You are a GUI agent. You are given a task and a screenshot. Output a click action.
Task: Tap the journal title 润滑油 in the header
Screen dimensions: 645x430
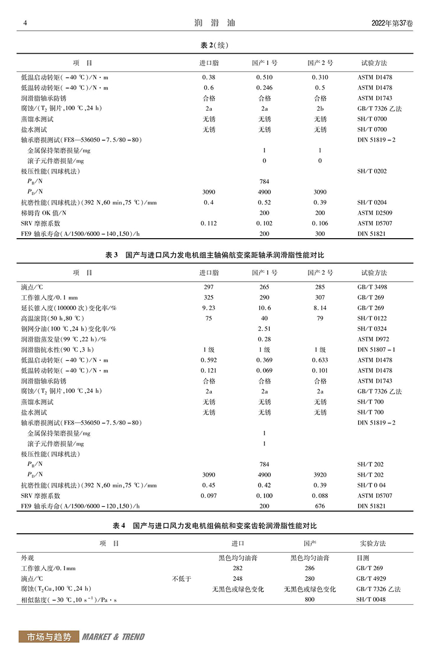(x=214, y=23)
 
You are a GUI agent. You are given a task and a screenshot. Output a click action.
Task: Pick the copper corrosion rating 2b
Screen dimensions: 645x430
(x=320, y=109)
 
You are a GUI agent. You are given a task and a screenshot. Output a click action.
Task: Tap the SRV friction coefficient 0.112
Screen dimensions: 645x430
(x=209, y=223)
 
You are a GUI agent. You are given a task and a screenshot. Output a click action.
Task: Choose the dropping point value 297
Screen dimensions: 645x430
(x=209, y=286)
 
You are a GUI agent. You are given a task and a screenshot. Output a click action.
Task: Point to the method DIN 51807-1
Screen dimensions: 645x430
(x=376, y=349)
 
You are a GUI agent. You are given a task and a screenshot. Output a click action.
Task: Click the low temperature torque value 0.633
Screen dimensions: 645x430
(x=320, y=360)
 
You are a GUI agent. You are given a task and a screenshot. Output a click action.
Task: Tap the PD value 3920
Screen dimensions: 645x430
(x=320, y=475)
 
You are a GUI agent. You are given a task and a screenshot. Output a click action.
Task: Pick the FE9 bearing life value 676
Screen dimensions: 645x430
(x=320, y=506)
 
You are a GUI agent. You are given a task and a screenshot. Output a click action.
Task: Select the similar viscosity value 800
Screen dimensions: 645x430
(x=310, y=599)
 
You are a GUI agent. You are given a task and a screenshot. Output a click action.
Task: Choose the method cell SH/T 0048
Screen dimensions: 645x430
(x=372, y=599)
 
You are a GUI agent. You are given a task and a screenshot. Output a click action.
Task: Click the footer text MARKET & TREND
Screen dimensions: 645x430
(x=113, y=637)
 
